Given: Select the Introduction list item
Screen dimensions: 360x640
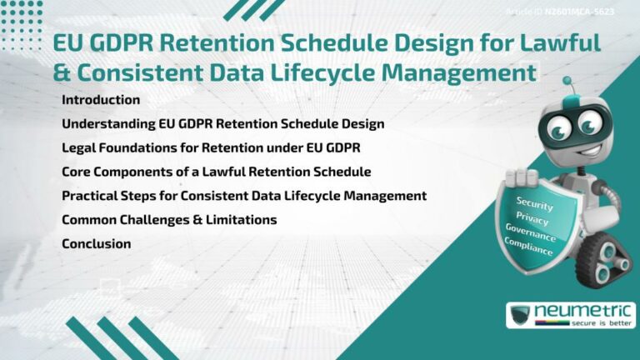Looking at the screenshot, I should tap(101, 100).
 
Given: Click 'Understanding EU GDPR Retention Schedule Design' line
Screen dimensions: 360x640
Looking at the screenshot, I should tap(222, 124).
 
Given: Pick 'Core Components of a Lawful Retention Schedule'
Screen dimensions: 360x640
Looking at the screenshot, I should tap(216, 172).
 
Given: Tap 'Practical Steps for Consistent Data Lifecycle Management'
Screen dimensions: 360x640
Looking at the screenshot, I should tap(244, 196).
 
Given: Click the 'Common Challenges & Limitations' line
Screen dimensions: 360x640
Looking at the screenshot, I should tap(169, 220).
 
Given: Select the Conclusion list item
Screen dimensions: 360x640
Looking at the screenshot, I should tap(97, 244).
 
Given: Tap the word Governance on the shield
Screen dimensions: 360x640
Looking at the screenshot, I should tap(530, 233).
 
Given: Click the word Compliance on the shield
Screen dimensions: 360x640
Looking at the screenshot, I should tap(527, 247).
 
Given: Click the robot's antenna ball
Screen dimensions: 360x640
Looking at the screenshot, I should tap(567, 82).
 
